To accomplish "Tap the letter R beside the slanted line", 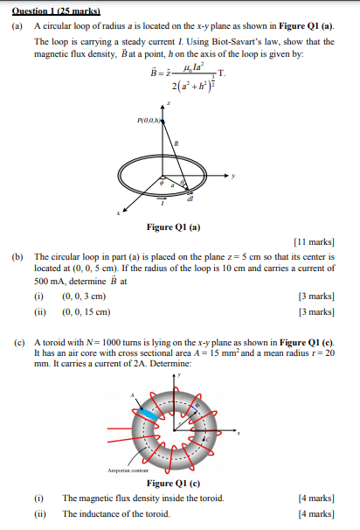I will [x=177, y=143].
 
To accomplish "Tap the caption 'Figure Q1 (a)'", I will [x=174, y=227].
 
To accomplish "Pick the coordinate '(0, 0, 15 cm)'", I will [x=87, y=311].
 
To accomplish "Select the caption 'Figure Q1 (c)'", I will [x=174, y=484].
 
